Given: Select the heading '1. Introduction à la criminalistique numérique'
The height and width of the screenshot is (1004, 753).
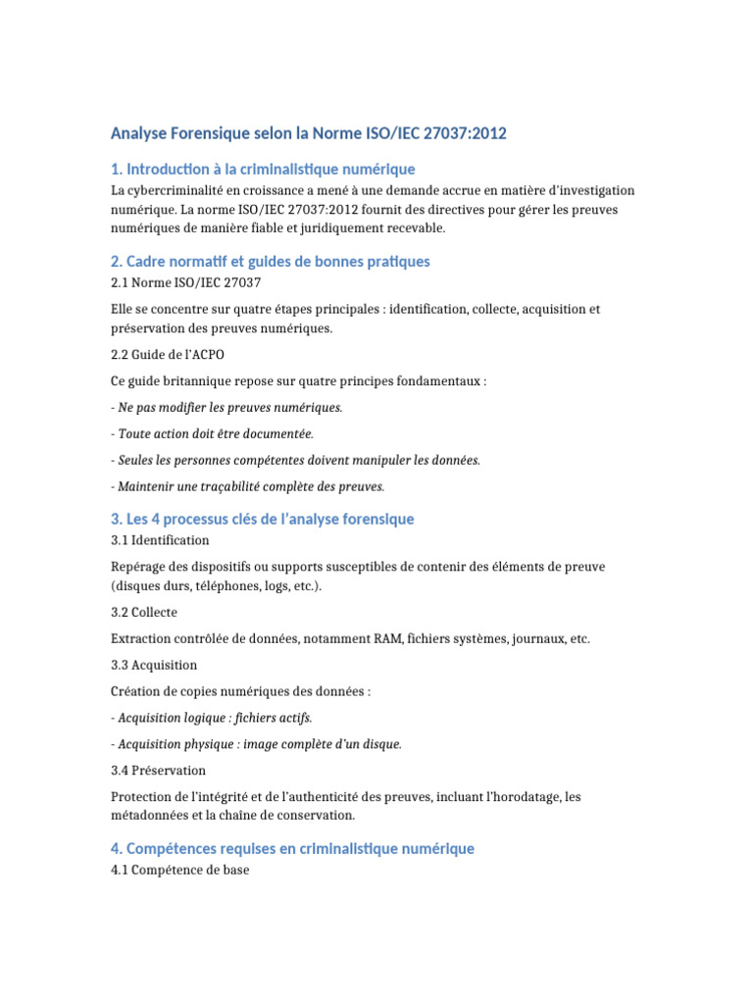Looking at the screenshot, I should [263, 170].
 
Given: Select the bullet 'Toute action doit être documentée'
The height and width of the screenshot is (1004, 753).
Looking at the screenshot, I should [214, 433].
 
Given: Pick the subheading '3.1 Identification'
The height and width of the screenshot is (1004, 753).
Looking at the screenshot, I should [160, 540].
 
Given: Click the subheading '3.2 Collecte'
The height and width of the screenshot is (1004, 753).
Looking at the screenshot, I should [144, 612].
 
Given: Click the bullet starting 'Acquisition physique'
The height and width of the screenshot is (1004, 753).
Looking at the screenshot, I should [258, 744].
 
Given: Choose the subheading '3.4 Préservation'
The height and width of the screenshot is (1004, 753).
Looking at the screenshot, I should [159, 771].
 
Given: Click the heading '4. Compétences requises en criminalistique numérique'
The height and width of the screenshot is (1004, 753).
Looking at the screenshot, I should [292, 849].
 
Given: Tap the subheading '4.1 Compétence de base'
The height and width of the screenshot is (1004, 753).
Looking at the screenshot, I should [180, 869].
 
